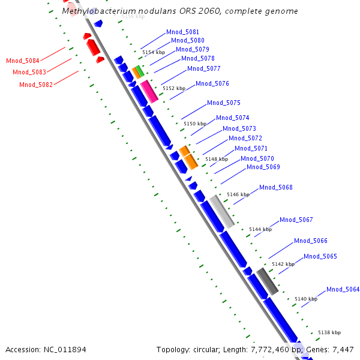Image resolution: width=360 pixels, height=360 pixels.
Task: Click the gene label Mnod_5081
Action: pos(183,32)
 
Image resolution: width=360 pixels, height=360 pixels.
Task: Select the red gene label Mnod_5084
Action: pos(23,61)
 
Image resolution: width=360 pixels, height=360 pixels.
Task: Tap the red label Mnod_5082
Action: pos(36,85)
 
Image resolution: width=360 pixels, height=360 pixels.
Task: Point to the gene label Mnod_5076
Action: pos(212,83)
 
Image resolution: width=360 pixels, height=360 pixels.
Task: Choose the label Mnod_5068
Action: pos(276,187)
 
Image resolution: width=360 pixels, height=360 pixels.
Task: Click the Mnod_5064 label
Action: pos(343,289)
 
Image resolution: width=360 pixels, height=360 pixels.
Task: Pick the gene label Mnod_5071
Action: pos(251,148)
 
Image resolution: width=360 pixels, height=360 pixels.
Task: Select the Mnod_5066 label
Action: pos(311,241)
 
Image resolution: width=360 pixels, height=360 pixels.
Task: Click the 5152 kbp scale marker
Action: pos(173,88)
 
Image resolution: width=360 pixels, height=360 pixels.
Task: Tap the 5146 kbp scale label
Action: pos(238,194)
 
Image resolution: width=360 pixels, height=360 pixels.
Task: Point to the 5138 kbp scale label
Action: pos(329,332)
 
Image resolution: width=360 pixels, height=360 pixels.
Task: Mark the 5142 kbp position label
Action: pos(283,264)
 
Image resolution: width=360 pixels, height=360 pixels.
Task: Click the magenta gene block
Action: pos(149,91)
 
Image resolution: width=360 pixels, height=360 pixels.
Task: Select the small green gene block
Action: pos(139,71)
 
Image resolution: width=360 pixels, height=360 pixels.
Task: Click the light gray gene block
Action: pos(221,211)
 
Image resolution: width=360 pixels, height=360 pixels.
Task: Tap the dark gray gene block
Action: pos(268,281)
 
